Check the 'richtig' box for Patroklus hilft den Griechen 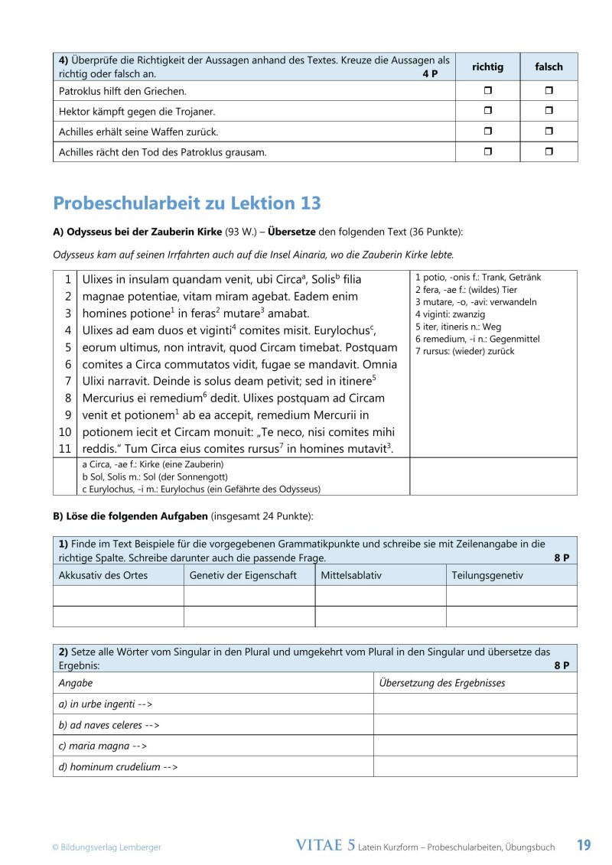point(488,91)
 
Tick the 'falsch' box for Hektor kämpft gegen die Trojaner point(549,112)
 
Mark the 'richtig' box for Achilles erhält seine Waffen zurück point(488,132)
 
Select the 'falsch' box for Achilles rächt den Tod point(549,152)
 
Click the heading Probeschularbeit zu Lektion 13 point(187,203)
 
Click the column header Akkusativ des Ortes point(103,575)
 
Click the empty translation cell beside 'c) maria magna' point(474,746)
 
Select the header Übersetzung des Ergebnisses point(441,683)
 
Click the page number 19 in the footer point(584,845)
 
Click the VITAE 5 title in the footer point(325,845)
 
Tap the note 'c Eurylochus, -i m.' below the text point(200,489)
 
